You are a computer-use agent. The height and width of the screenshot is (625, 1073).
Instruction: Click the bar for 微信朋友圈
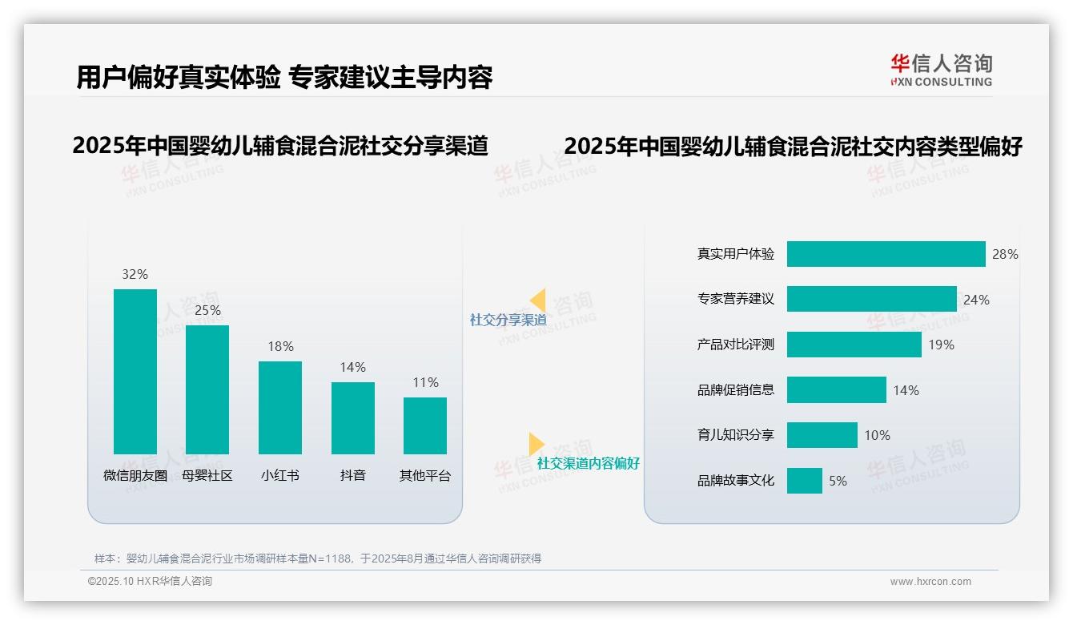pos(135,372)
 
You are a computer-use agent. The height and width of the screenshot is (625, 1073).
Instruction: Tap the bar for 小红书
pos(280,408)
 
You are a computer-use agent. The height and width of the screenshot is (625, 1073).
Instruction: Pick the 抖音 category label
pos(353,475)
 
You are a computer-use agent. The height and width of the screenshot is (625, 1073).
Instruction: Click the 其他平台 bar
pos(425,425)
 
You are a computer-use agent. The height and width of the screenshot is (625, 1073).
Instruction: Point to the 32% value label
pos(135,274)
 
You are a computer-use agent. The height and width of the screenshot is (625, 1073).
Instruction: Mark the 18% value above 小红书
pos(280,346)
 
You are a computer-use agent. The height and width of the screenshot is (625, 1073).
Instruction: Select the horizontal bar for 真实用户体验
pos(886,254)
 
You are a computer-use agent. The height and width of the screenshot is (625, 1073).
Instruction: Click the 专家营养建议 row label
pos(736,299)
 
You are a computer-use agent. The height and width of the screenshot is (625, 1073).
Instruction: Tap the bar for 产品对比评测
pos(854,345)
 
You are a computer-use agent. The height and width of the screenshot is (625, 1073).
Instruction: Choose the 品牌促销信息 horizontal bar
pos(836,390)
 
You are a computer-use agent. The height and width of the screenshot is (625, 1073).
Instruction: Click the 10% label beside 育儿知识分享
pos(877,435)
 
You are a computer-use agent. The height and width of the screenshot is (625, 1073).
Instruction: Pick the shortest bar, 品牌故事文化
pos(804,481)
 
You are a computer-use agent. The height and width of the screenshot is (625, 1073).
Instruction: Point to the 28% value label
pos(1005,254)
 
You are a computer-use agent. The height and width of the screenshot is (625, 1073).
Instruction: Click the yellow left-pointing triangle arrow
pos(538,300)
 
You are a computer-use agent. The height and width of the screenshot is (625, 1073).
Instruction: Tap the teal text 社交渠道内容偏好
pos(589,463)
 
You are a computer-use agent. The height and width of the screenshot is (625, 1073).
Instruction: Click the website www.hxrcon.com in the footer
pos(930,582)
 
